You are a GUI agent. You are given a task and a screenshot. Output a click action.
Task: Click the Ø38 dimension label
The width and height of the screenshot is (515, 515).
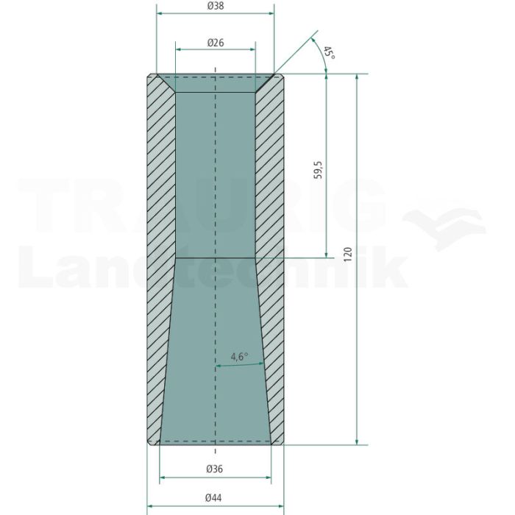[x=216, y=6]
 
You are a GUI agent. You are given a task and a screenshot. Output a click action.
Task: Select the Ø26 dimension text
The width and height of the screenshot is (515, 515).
[x=216, y=43]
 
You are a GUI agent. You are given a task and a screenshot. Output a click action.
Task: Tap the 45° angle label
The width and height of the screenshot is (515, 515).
[x=329, y=53]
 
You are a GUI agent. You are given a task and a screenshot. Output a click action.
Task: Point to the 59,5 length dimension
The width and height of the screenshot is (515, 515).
[x=318, y=170]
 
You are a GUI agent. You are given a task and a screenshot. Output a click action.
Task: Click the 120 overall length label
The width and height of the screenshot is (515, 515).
[x=347, y=255]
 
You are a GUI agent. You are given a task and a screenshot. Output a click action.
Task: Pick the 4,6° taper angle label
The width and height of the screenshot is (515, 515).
[x=239, y=356]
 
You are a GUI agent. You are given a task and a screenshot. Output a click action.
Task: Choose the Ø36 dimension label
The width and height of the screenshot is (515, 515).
[x=215, y=469]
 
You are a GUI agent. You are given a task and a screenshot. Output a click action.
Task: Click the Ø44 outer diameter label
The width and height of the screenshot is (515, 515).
[x=213, y=498]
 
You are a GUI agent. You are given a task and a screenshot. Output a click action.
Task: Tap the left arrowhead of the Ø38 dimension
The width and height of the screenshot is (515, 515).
[x=160, y=13]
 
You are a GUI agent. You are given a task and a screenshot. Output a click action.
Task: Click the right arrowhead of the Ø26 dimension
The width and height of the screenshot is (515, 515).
[x=252, y=49]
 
